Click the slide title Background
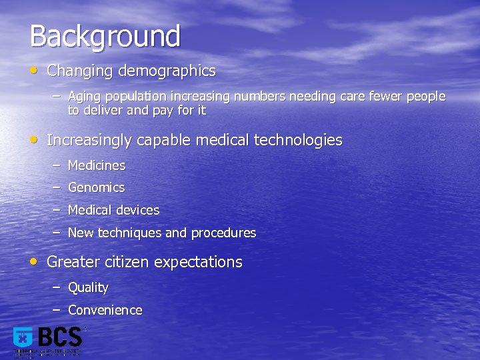(x=105, y=36)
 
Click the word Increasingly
(x=89, y=141)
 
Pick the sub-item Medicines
(x=97, y=165)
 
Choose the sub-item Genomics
(x=96, y=188)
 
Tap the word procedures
(x=223, y=233)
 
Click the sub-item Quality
(x=88, y=288)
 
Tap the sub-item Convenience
(x=105, y=310)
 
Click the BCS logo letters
(x=60, y=337)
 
